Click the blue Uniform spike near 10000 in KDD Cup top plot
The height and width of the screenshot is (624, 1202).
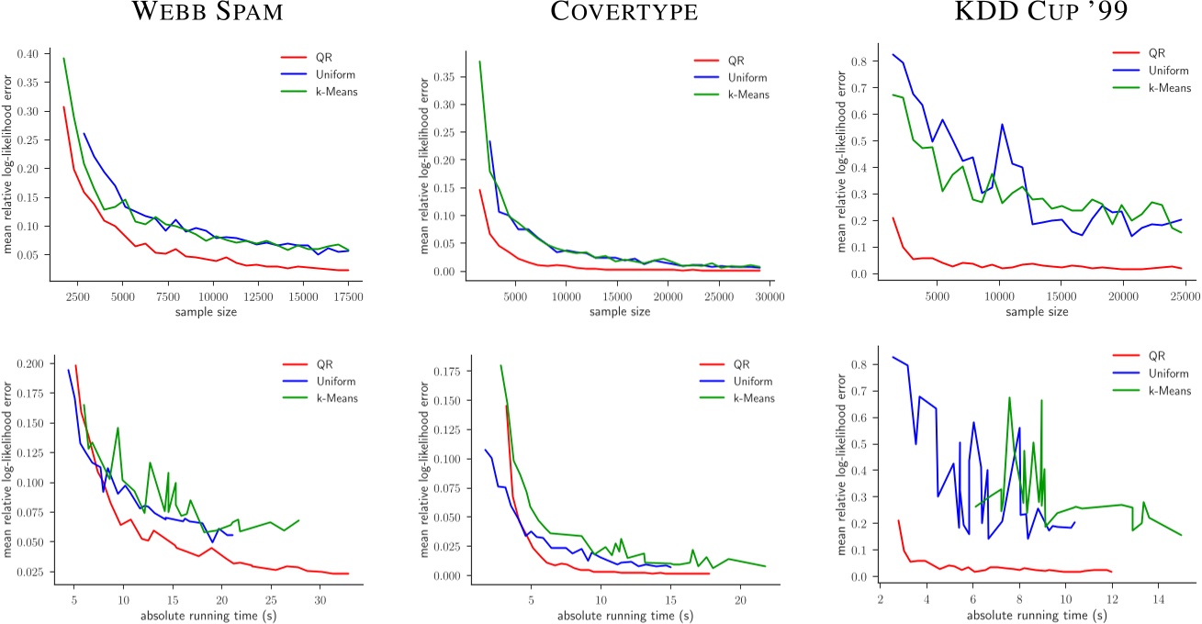[x=1002, y=125]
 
